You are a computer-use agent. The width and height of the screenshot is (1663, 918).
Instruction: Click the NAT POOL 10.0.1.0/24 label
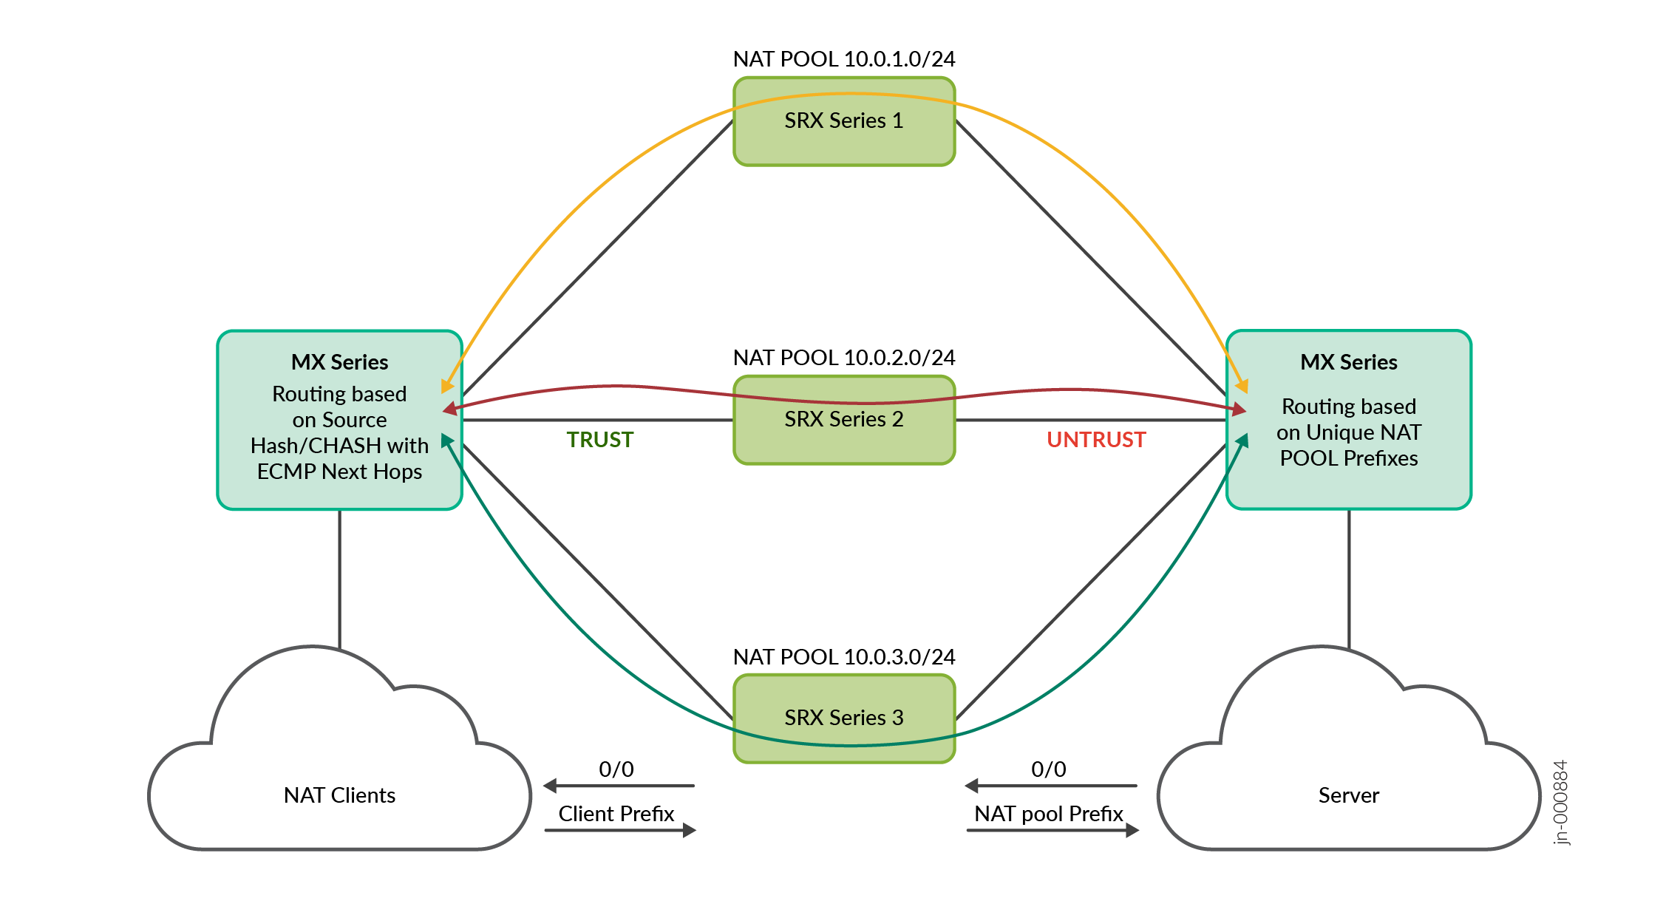click(x=843, y=59)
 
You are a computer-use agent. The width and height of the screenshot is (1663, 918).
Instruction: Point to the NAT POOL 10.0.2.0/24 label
click(x=843, y=358)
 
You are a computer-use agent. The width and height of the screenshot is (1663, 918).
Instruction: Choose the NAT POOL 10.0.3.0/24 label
click(x=843, y=656)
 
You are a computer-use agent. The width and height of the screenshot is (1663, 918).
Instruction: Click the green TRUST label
click(x=599, y=440)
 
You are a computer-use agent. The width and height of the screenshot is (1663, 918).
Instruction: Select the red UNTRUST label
click(x=1095, y=440)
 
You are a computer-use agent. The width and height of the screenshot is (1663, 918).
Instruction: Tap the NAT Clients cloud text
click(x=339, y=795)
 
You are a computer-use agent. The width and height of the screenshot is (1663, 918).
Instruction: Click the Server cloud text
click(x=1348, y=795)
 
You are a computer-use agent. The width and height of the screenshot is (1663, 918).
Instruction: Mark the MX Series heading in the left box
click(x=339, y=362)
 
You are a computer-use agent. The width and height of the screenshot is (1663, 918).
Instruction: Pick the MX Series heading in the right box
click(x=1348, y=362)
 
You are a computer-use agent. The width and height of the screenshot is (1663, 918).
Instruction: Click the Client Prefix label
click(x=616, y=814)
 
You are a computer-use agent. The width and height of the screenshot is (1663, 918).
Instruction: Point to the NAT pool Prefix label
click(x=1048, y=814)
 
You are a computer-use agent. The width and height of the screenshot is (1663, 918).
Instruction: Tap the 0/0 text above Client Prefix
click(x=616, y=769)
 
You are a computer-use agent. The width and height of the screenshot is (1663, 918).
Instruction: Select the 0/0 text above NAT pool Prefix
click(x=1048, y=769)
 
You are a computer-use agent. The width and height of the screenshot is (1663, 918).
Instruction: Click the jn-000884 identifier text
click(x=1560, y=802)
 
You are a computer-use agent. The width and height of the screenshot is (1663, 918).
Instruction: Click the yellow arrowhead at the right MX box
click(x=1242, y=386)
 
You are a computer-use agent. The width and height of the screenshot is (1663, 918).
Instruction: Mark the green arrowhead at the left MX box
click(x=446, y=441)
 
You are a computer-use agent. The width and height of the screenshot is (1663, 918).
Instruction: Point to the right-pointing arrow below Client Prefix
click(x=621, y=831)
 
